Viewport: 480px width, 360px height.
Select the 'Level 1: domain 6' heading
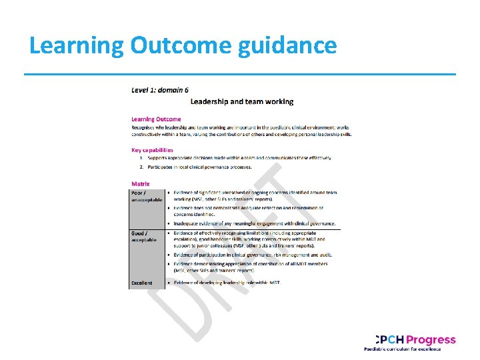pos(159,89)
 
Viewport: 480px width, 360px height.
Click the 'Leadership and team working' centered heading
pos(242,101)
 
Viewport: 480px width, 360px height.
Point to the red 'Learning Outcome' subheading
pos(156,119)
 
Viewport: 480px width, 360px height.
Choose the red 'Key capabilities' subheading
pos(152,150)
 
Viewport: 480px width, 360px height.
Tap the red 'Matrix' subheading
pos(141,183)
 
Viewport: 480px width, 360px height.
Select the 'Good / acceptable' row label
pos(144,236)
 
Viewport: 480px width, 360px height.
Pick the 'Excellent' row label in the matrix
pos(141,283)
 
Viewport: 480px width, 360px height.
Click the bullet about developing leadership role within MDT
pos(227,283)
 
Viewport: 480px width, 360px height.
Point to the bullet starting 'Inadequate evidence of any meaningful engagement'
pos(255,223)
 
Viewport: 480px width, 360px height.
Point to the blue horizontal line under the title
pos(240,74)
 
